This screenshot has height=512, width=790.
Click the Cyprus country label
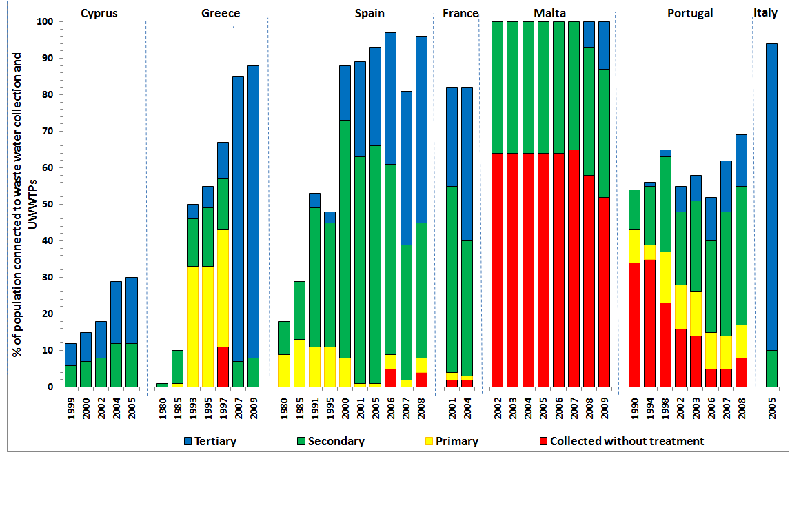[x=99, y=13]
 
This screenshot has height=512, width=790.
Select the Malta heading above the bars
[x=549, y=13]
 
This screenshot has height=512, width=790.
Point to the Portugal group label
[x=690, y=13]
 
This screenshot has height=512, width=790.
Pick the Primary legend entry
[x=456, y=441]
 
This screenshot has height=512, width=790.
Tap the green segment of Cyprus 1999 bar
[x=70, y=376]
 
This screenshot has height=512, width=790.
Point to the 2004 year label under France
[x=467, y=407]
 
